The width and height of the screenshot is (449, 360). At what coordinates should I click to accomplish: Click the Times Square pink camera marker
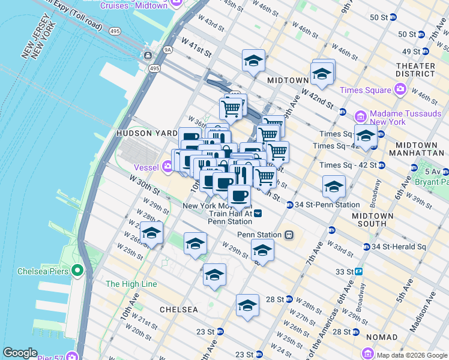tap(400, 90)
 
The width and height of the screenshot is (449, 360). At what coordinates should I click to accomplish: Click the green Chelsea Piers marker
tap(77, 271)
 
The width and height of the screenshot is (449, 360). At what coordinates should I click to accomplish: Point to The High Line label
tap(131, 284)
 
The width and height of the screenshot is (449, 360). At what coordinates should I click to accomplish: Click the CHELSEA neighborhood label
tap(178, 310)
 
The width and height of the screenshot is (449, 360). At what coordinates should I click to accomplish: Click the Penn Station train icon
tap(289, 235)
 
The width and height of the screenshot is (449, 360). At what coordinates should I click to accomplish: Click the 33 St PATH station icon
tap(358, 271)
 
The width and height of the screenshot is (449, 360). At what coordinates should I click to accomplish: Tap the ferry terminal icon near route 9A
tap(147, 56)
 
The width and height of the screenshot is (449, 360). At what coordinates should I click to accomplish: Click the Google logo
tap(20, 353)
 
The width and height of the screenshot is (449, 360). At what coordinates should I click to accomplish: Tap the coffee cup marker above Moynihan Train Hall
tap(239, 195)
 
